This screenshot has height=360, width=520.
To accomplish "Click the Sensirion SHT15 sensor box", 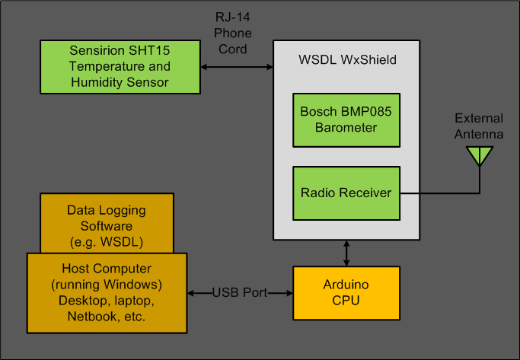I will click(120, 67).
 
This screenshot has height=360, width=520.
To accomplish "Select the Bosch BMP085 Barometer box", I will click(346, 119).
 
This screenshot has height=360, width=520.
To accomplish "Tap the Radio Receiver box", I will click(346, 193).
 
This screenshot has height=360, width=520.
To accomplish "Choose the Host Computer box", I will click(106, 292).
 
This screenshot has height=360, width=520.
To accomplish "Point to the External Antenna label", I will click(479, 126).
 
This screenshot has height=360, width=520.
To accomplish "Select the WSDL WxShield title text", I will click(346, 59).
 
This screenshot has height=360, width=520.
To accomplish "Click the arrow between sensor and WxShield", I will click(237, 67).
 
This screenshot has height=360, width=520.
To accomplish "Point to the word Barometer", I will click(346, 127).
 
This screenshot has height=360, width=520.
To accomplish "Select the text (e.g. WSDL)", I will click(106, 241).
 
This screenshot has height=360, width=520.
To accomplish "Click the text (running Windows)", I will click(106, 285).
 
